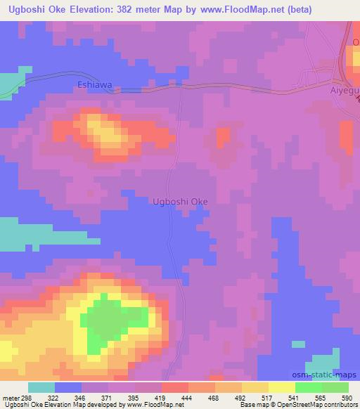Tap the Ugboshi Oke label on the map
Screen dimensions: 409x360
(180, 202)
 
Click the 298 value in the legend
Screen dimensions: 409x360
(28, 398)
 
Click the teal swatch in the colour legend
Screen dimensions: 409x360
(41, 387)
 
